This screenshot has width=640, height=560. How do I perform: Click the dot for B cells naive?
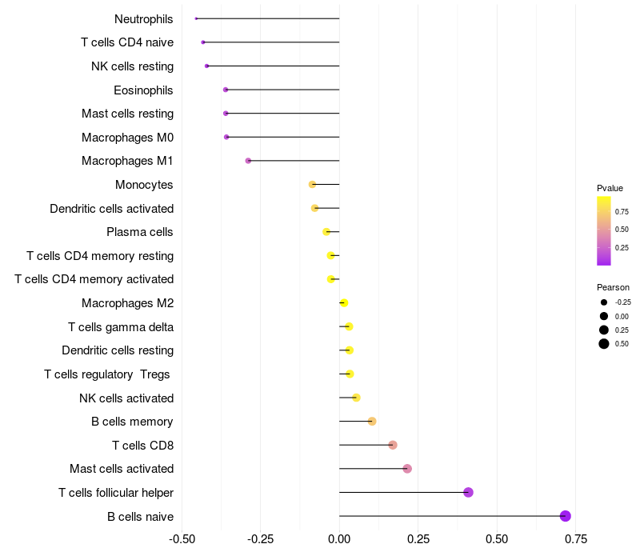click(565, 516)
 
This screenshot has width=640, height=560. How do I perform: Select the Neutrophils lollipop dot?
click(196, 18)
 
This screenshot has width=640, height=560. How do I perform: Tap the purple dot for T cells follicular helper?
click(468, 492)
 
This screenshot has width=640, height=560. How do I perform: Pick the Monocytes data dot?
click(312, 185)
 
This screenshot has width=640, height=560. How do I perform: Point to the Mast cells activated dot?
click(407, 469)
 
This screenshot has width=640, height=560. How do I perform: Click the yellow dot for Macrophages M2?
click(344, 303)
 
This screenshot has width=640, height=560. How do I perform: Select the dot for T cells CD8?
click(393, 445)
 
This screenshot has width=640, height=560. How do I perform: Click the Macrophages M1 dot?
click(248, 161)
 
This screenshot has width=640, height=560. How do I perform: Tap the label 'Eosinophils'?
click(143, 90)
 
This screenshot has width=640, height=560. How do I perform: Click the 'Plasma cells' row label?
click(139, 232)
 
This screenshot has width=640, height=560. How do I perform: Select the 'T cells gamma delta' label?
click(121, 327)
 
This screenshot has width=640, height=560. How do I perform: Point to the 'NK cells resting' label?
click(132, 66)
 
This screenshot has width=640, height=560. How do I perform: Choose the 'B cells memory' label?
click(132, 422)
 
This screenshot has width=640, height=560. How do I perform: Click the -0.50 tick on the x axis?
click(182, 539)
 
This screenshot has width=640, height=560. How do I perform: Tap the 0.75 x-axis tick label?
click(576, 539)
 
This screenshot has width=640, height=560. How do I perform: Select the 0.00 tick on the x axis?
click(339, 539)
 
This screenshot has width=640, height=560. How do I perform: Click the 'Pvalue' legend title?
click(610, 188)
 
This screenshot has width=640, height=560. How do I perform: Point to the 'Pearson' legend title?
click(613, 287)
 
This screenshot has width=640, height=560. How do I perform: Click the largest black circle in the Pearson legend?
click(604, 344)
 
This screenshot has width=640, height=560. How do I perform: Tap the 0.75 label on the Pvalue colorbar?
click(622, 211)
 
